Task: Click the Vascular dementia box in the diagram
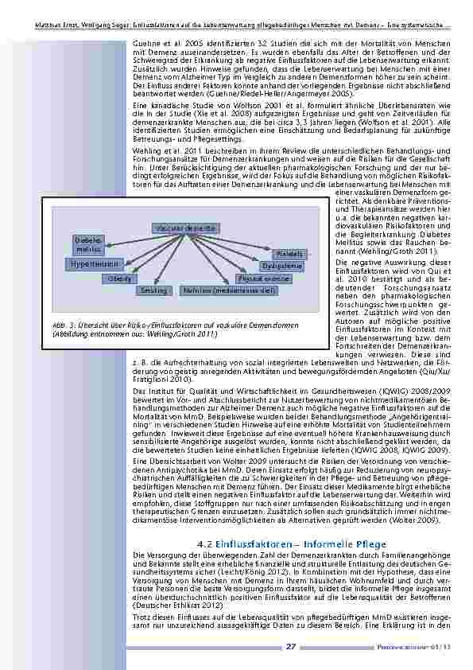click(182, 228)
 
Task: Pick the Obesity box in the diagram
click(118, 279)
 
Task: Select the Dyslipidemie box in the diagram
click(281, 266)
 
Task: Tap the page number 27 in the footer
click(290, 646)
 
